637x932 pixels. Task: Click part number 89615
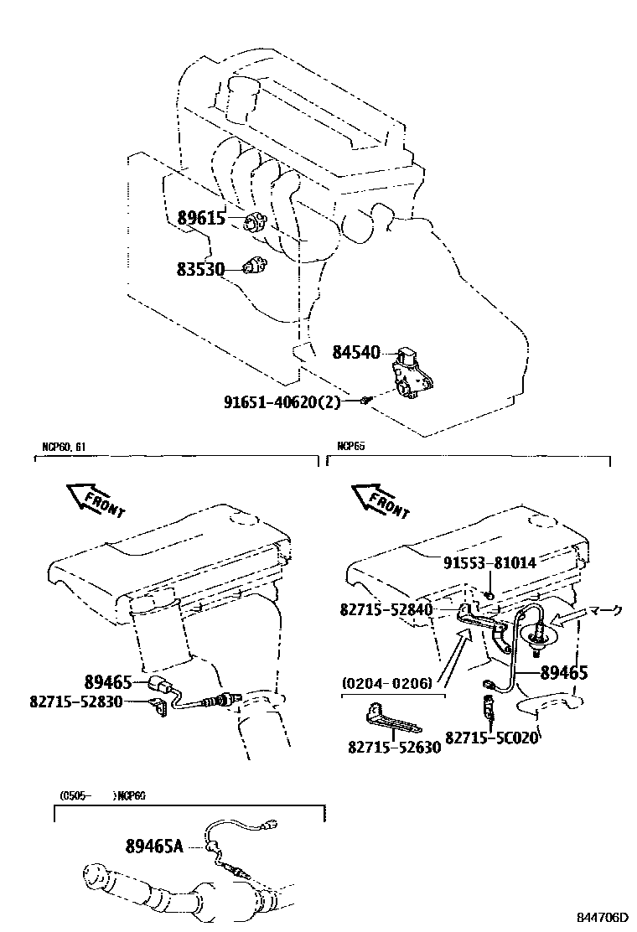[x=201, y=220]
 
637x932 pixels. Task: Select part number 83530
[x=201, y=269]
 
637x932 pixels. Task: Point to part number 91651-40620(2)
[x=282, y=401]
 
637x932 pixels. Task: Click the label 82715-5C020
[x=490, y=738]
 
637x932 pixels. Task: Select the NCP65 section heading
[x=351, y=447]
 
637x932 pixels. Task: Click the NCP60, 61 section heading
[x=64, y=447]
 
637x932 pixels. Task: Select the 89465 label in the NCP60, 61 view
[x=108, y=681]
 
